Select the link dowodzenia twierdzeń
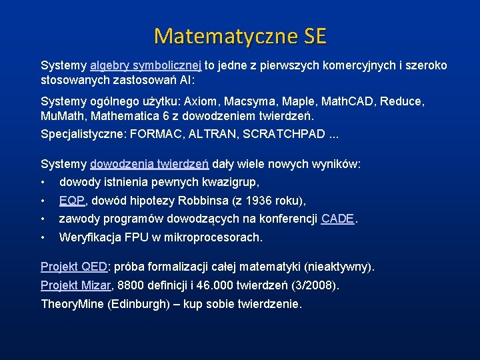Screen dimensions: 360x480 tap(150, 164)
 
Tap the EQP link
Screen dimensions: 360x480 tap(72, 201)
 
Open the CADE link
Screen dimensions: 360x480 tap(337, 219)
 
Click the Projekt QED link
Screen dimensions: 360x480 tap(74, 267)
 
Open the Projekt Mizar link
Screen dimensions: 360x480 tap(76, 286)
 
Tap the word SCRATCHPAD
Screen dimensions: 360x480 tap(288, 133)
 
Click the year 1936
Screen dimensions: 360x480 tap(257, 201)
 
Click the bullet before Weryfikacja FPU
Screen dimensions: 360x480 tap(43, 237)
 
